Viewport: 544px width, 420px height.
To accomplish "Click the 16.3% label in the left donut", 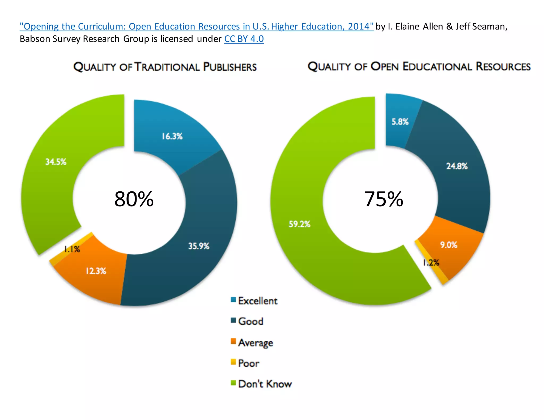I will (172, 136).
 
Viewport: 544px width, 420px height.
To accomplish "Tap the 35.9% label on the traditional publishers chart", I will (199, 246).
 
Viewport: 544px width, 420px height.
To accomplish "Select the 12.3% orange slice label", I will (96, 271).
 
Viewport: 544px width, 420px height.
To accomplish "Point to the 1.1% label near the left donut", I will (72, 249).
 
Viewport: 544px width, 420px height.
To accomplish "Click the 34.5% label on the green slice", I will (56, 162).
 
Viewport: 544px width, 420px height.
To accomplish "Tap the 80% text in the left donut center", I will (134, 199).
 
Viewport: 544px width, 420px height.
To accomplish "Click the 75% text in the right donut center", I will (383, 199).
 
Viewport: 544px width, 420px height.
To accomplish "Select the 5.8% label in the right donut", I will (400, 122).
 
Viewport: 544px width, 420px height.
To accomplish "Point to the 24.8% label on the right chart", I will (457, 166).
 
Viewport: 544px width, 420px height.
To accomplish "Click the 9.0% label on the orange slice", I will (449, 245).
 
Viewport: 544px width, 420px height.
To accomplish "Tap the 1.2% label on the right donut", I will (431, 263).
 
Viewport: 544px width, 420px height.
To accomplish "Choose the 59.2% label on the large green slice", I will (299, 224).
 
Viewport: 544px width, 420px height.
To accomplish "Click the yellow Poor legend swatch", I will (233, 362).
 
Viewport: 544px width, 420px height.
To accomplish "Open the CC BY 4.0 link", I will (244, 39).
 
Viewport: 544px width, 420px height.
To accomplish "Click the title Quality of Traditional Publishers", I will (165, 67).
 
